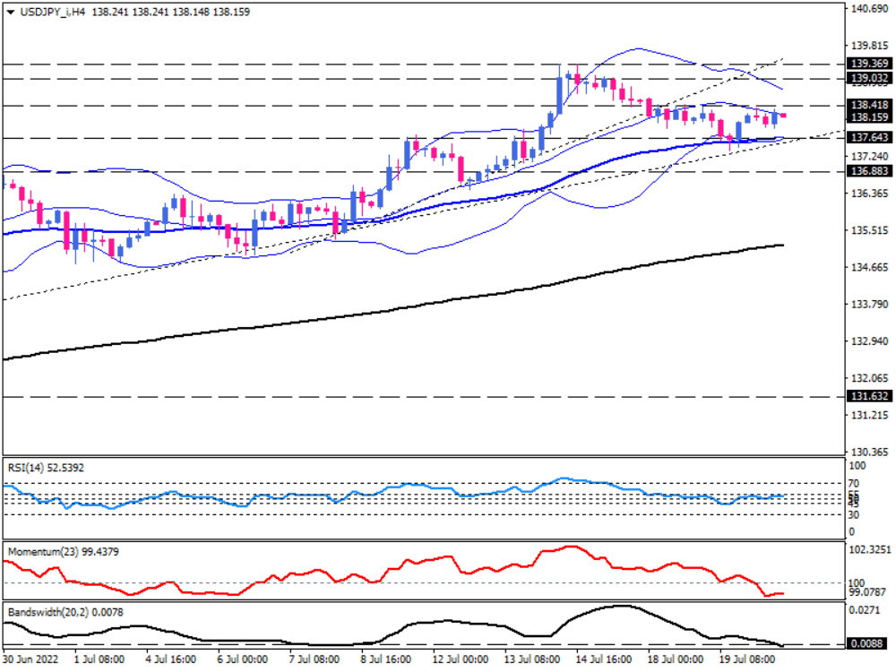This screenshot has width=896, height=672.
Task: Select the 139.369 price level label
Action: (868, 64)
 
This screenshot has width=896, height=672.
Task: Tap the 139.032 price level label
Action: (868, 79)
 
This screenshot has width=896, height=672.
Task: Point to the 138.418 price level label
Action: (868, 105)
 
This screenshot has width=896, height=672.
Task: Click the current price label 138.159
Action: (868, 116)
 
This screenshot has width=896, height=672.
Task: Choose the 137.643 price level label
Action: (868, 138)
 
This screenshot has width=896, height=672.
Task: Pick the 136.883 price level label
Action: (868, 171)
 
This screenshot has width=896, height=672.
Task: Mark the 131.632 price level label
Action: (868, 396)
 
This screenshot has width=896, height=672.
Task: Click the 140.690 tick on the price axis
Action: (867, 8)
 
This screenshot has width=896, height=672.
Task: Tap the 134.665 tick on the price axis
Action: (867, 267)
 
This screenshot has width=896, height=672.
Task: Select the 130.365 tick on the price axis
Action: (867, 452)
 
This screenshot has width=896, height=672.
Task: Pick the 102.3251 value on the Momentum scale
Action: (870, 548)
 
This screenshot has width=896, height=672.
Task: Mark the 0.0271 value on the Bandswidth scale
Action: (864, 609)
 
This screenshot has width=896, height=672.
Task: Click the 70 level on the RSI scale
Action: (854, 484)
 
